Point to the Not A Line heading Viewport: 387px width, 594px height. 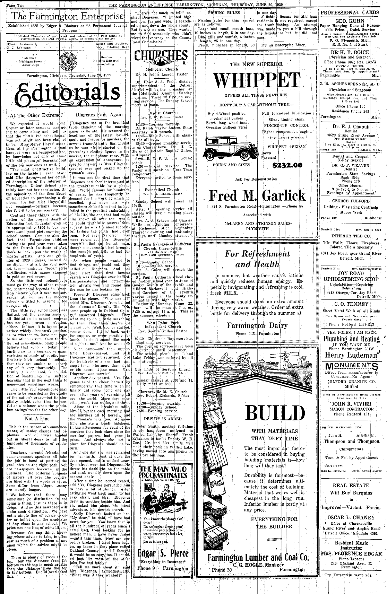click(37, 418)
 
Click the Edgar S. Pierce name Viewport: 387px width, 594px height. click(163, 553)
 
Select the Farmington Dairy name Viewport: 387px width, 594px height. click(257, 325)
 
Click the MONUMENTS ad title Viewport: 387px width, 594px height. click(351, 365)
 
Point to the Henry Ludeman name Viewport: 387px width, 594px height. click(351, 355)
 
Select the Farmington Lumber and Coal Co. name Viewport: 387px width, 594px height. click(258, 558)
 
